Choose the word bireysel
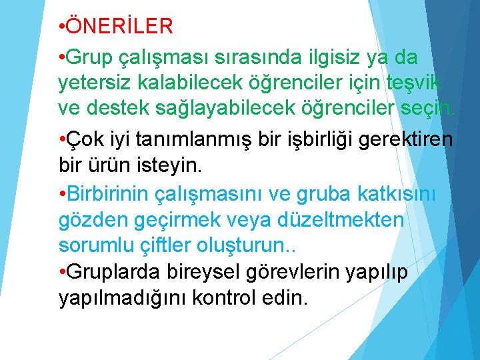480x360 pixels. (201, 273)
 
